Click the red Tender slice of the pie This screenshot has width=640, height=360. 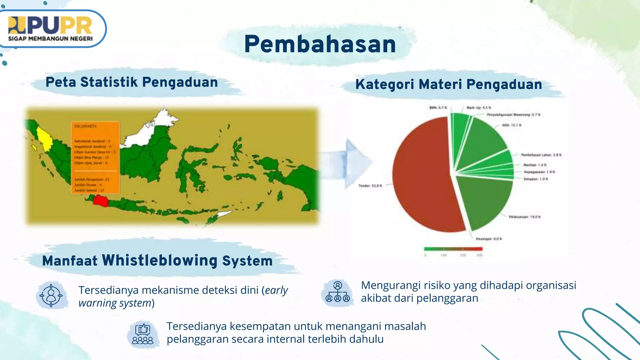422,175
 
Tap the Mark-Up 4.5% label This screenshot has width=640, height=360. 479,107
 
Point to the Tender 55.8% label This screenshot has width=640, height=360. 370,186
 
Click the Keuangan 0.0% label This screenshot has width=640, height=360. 489,239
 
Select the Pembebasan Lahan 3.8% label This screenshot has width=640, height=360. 541,155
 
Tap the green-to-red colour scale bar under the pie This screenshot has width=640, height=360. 453,249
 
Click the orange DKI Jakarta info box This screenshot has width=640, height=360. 95,158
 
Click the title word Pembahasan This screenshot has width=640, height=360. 320,44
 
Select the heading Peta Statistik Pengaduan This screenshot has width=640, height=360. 132,82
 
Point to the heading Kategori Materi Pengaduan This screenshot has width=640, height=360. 448,84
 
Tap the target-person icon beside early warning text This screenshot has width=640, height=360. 51,295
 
